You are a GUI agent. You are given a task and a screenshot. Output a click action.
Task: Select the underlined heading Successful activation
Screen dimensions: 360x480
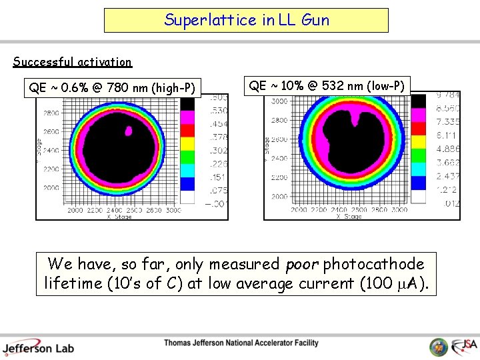[73, 62]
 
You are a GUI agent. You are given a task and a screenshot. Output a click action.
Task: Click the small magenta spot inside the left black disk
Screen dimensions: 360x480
[128, 131]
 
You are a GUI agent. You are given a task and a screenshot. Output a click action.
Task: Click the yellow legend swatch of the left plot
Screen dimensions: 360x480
[188, 142]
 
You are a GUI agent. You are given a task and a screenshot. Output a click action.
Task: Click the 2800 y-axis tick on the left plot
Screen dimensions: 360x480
[51, 114]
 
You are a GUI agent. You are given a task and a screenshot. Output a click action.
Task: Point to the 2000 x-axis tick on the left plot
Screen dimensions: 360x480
[75, 211]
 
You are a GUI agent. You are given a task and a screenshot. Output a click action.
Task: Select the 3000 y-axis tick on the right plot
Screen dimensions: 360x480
[279, 101]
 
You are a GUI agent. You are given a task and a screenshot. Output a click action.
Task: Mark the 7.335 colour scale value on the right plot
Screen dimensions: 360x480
[447, 122]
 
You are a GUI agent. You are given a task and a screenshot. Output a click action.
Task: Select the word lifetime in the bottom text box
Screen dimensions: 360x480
[70, 284]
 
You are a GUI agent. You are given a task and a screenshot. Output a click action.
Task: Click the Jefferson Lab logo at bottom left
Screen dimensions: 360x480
[38, 347]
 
